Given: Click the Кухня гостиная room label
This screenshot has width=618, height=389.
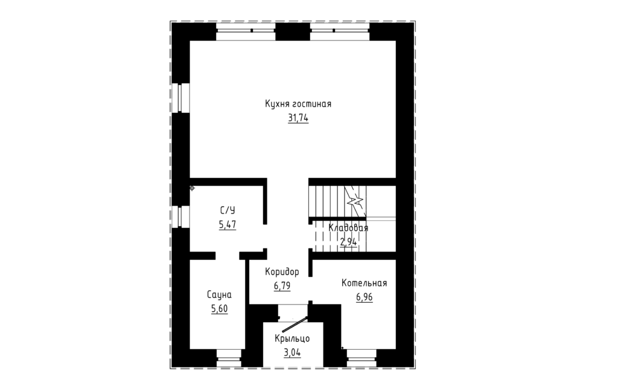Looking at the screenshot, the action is coord(298,104).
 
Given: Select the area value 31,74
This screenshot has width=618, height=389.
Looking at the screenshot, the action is coord(298,118).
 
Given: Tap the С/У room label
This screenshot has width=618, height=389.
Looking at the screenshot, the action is coord(228,210).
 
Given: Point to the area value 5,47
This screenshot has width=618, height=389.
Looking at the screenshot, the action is coord(228,224).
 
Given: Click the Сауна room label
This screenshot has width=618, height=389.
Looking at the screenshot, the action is coord(219,295).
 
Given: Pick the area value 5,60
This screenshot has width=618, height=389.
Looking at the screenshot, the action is coord(219,309).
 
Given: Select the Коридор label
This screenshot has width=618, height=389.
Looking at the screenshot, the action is coord(282,272).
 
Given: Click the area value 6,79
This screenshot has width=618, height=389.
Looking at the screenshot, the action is coord(282,286).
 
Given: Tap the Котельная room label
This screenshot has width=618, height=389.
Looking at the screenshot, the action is coord(364,283).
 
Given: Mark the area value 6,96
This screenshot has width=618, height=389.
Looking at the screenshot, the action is coord(364,297).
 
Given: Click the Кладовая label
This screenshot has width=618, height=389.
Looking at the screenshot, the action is coord(348,228).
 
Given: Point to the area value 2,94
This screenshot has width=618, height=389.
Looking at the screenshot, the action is coord(348,242).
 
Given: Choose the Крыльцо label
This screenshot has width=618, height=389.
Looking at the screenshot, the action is coord(292,338).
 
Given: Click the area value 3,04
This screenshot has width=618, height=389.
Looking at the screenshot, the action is coord(292,353).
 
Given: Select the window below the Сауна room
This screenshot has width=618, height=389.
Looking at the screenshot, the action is coord(229,358).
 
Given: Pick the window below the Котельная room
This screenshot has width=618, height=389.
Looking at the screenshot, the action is coord(362,358).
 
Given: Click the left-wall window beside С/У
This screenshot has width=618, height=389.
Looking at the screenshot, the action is coord(180,217).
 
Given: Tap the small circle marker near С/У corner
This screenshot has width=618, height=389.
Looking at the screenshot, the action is coord(192,188).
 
